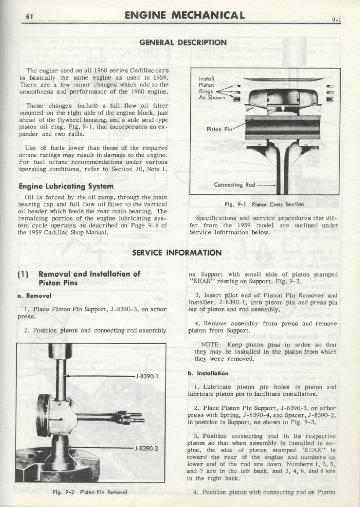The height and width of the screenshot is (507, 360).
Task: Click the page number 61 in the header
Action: click(30, 18)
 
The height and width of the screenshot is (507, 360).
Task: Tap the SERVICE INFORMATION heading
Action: click(177, 252)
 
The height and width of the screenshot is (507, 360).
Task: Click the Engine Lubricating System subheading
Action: click(66, 186)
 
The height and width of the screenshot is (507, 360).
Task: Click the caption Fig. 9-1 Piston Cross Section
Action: click(264, 204)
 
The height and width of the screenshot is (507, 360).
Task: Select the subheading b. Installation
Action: click(208, 373)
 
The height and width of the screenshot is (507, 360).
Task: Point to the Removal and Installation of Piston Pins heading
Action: click(90, 278)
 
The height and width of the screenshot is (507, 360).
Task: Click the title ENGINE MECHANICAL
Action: click(184, 15)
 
